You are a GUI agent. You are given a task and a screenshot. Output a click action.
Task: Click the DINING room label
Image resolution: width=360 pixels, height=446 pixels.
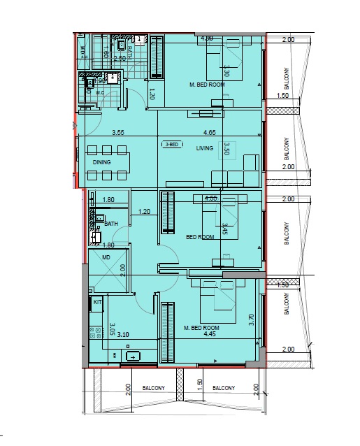point(102,162)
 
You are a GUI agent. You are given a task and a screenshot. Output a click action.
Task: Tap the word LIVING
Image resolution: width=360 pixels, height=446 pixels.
point(204,148)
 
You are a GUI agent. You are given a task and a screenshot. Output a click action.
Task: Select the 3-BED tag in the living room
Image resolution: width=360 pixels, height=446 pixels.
point(171,145)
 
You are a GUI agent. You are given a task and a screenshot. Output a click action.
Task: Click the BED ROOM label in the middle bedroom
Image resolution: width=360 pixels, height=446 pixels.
point(200,237)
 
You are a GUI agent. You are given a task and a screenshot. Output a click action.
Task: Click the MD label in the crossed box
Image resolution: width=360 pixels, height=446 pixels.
point(106,258)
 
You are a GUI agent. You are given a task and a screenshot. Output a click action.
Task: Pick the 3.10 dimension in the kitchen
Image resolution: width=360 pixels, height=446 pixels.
point(124,335)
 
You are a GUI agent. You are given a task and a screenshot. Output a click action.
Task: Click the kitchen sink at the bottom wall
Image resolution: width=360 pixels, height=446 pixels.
point(133,357)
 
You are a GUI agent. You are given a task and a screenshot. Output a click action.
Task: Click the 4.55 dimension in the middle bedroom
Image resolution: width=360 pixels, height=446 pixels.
point(210,199)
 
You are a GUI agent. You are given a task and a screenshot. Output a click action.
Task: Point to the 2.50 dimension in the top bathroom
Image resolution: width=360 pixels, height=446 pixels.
point(120,59)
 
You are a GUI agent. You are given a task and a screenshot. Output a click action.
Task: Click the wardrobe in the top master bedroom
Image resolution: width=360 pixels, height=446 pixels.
point(157,57)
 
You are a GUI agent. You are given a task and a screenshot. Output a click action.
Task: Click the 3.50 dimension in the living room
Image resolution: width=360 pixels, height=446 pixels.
point(226,149)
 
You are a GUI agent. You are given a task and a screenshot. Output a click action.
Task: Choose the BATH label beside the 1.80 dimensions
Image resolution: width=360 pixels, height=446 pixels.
point(110,224)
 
